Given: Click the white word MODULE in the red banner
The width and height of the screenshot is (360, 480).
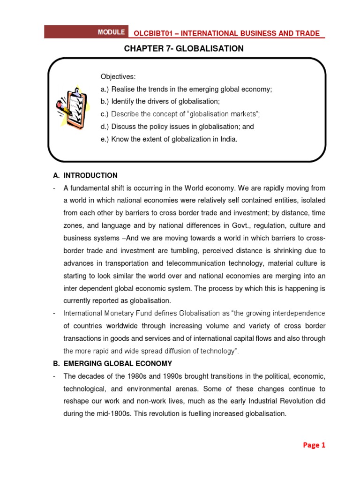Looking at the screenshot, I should [111, 32].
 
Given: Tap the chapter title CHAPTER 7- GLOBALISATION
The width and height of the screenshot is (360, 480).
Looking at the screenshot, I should [184, 49].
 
